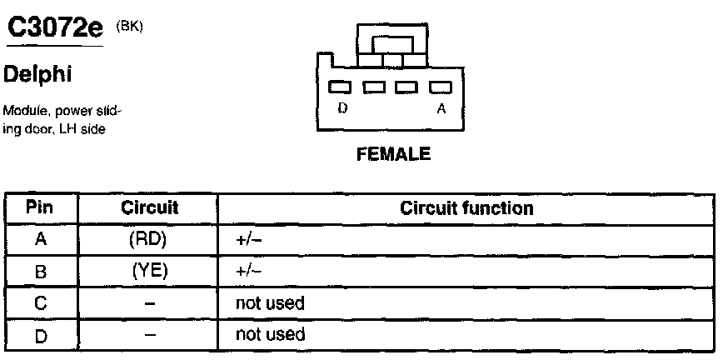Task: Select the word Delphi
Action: click(x=39, y=75)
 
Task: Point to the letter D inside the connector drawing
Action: click(x=342, y=107)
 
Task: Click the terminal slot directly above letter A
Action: click(x=439, y=86)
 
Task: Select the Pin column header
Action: click(x=40, y=207)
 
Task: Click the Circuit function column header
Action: click(x=466, y=207)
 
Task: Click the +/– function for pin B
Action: click(x=249, y=272)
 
